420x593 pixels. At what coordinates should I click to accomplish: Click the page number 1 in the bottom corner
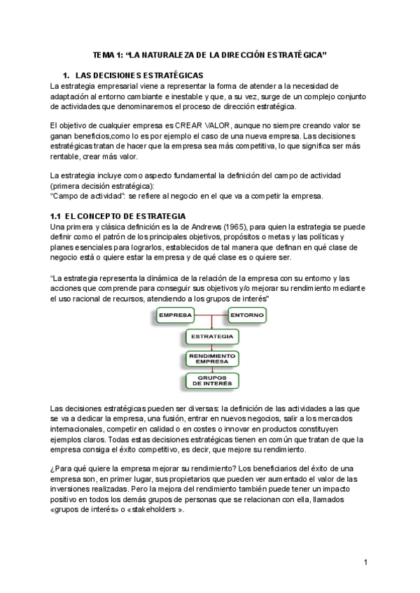coord(365,562)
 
